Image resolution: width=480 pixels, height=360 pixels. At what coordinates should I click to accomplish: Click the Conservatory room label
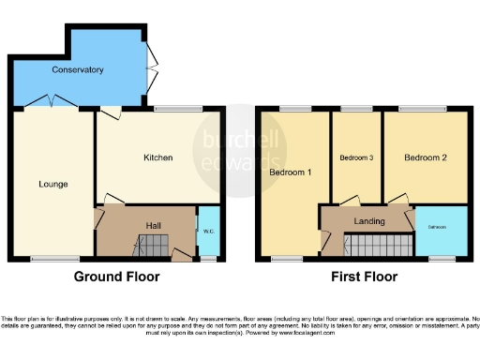pos(77,70)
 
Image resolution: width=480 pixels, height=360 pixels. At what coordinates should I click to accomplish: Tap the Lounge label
pos(52,184)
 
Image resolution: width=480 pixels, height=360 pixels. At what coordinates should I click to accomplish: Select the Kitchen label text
pos(157,157)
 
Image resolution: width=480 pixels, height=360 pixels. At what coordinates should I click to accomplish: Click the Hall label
pos(155,225)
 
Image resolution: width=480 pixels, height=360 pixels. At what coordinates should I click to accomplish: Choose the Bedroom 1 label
pos(290,173)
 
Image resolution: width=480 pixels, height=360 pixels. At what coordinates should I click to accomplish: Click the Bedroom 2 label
pos(425,158)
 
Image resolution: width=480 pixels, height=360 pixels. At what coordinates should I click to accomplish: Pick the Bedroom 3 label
pos(357,158)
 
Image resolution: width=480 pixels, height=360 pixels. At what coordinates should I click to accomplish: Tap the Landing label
pos(368,221)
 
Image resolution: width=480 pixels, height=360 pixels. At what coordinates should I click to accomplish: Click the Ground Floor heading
pos(117,277)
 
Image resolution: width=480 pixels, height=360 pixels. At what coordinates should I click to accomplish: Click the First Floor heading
pos(364,277)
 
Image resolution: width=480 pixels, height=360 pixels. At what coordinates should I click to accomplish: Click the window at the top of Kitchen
pos(177,110)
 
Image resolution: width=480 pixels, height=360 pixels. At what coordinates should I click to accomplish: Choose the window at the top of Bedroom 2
pos(425,110)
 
